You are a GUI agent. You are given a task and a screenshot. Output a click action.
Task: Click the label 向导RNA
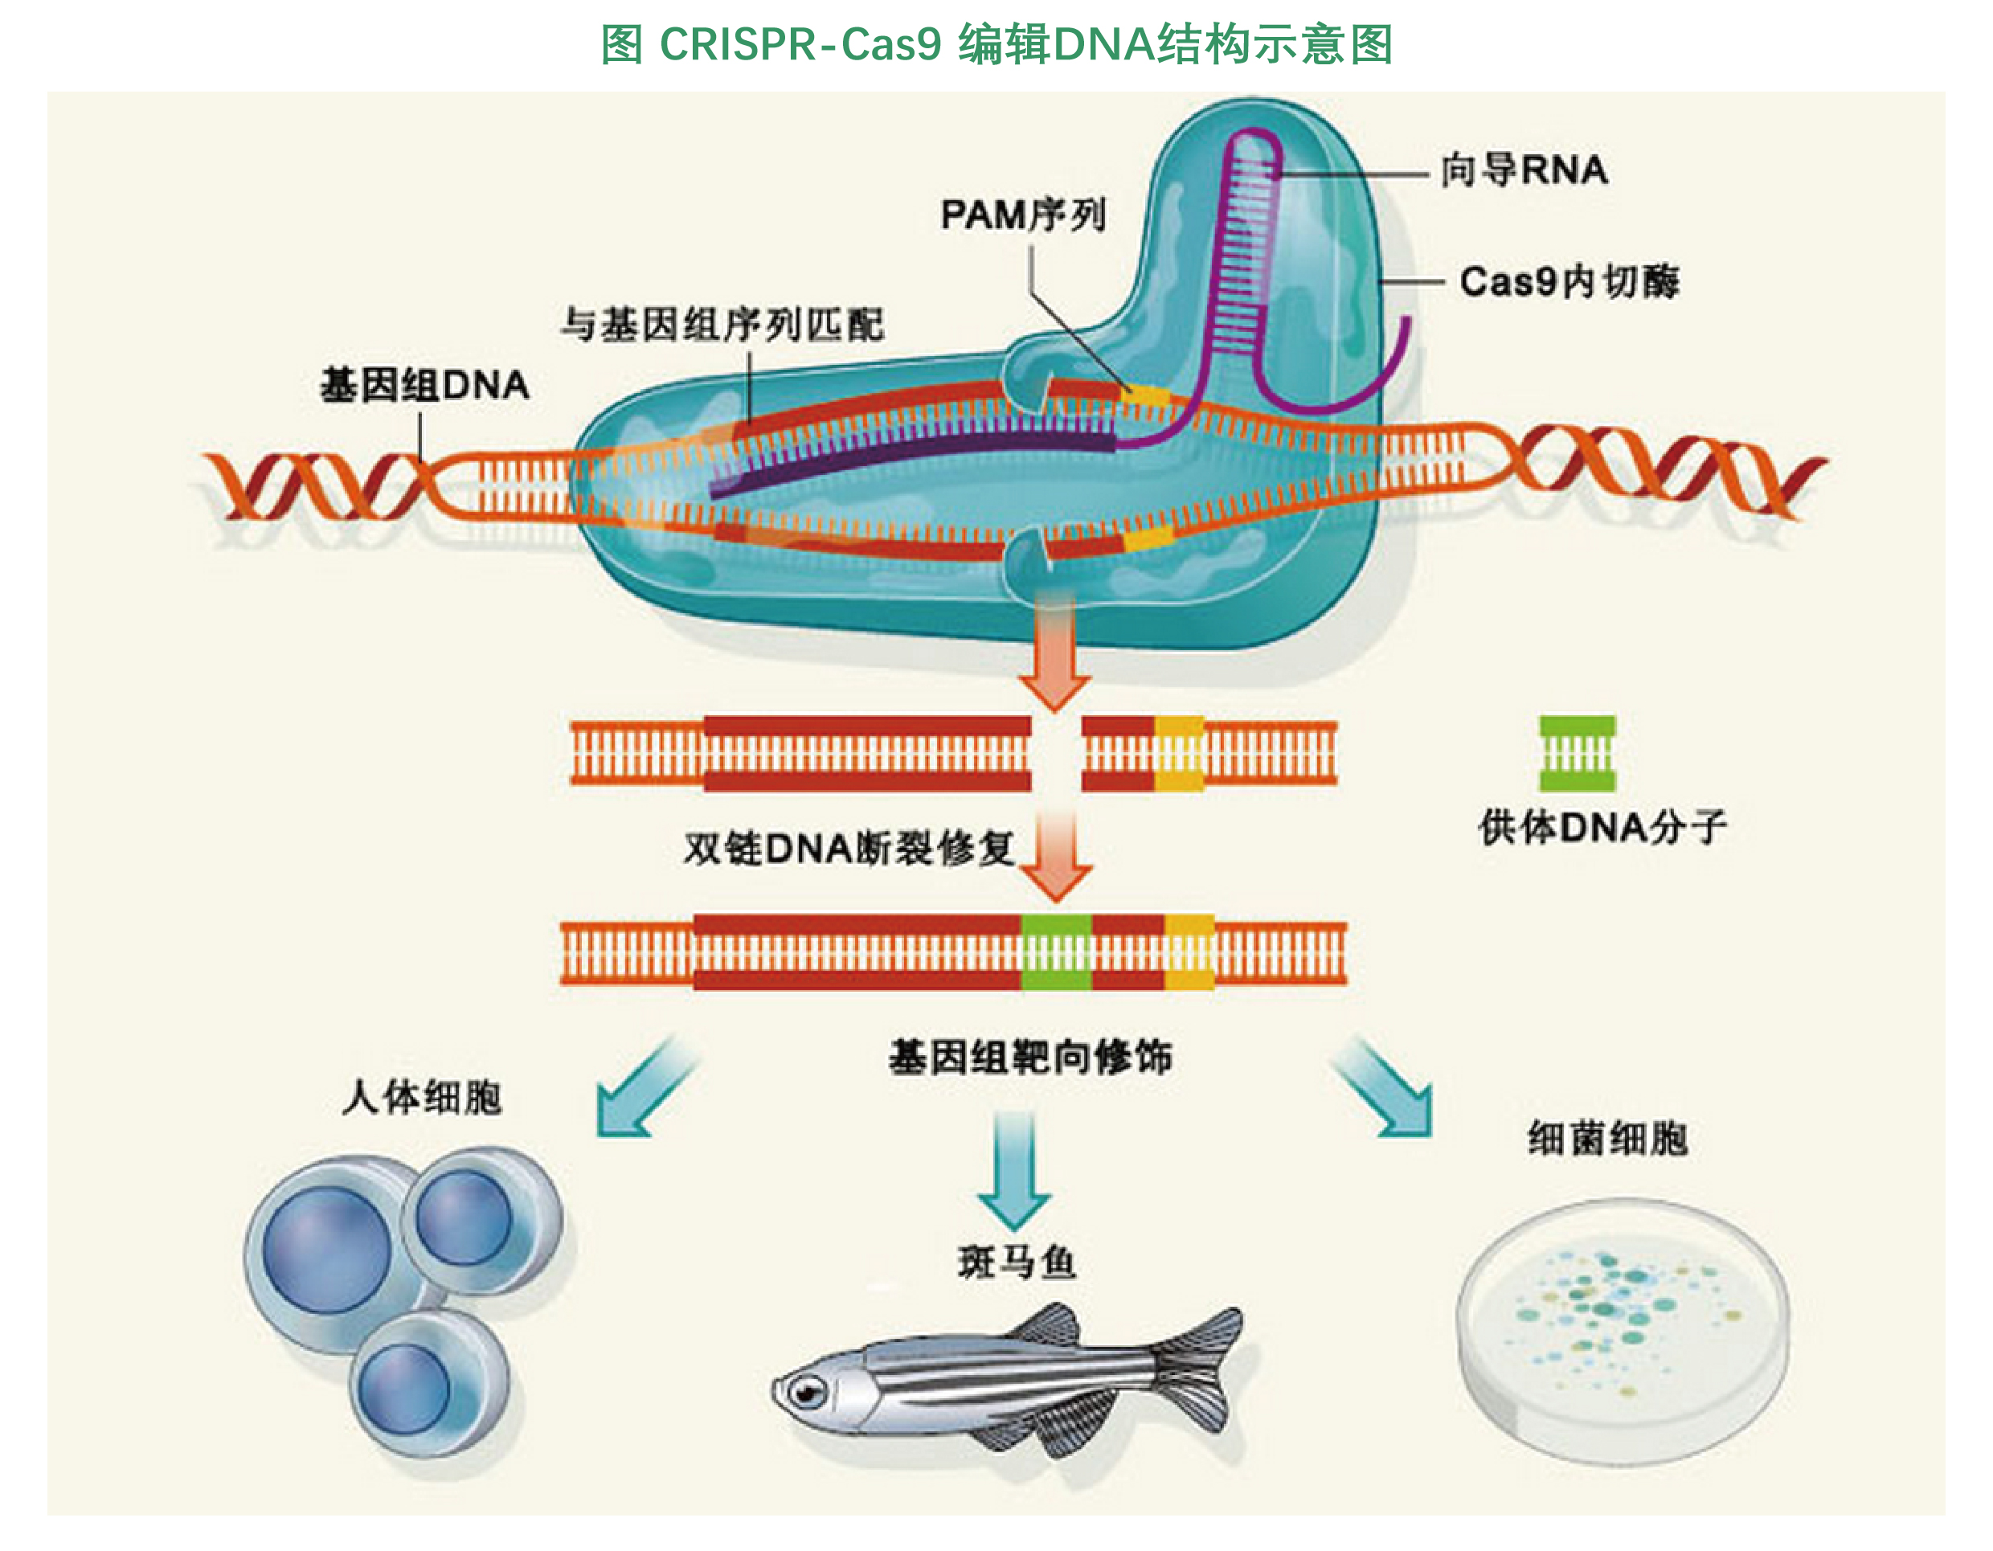[x=1524, y=170]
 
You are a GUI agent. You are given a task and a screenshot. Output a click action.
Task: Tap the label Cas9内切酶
[x=1569, y=281]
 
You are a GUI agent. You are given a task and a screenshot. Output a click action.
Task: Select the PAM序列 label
[x=1023, y=215]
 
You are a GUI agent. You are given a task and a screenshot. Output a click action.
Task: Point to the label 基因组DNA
[x=424, y=385]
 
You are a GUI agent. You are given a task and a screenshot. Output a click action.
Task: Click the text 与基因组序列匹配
[x=722, y=325]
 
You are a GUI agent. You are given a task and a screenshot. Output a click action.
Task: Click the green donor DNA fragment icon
[x=1577, y=754]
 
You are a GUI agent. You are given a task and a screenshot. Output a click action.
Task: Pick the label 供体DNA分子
[x=1602, y=827]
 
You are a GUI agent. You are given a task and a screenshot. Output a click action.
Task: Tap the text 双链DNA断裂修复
[x=849, y=849]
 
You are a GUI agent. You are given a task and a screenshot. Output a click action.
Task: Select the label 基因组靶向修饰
[x=1030, y=1058]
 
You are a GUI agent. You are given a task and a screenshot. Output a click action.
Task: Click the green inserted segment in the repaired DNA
[x=1056, y=951]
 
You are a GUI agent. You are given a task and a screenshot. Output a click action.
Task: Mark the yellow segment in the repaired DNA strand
[x=1189, y=951]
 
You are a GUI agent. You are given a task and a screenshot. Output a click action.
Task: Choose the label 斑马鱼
[x=1017, y=1262]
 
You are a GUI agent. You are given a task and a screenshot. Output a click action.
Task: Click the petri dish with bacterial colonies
[x=1623, y=1332]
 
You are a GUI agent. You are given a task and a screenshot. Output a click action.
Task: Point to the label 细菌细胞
[x=1608, y=1139]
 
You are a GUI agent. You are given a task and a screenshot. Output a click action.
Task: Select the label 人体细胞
[x=422, y=1097]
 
